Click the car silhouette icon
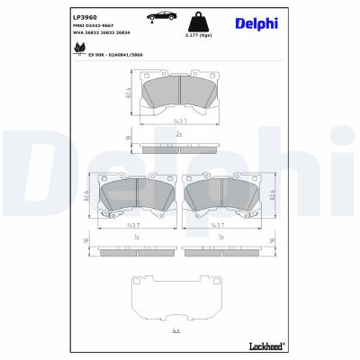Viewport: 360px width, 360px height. pos(155,16)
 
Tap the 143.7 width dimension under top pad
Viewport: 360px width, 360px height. pos(181,121)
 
